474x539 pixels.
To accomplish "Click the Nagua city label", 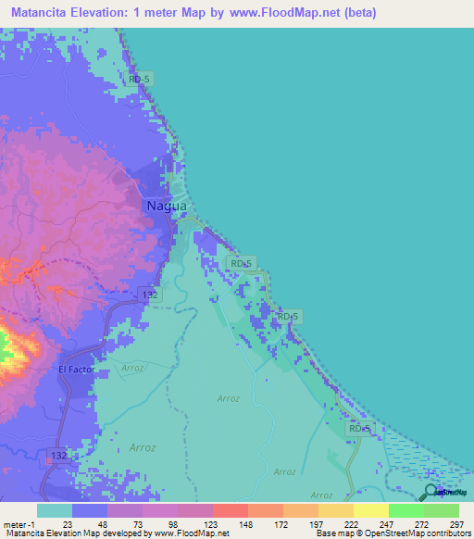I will [x=166, y=206].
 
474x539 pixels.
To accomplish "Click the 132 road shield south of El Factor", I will [x=57, y=456].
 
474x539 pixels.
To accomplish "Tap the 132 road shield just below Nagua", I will [x=150, y=294].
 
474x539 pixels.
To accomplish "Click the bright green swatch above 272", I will [x=406, y=510].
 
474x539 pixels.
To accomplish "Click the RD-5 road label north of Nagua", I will [x=140, y=80].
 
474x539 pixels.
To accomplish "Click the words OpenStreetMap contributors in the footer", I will [x=418, y=534].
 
